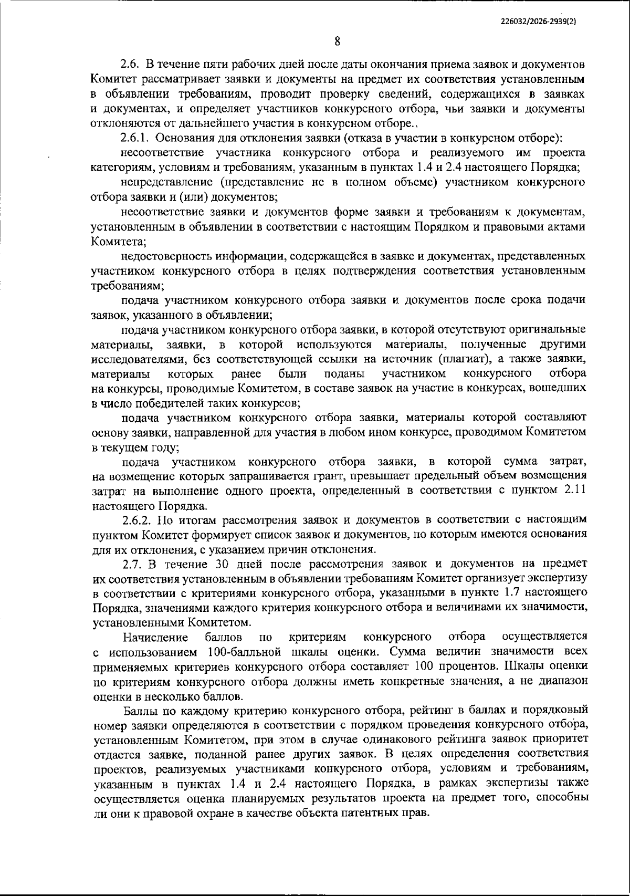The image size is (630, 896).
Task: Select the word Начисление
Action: pyautogui.click(x=155, y=638)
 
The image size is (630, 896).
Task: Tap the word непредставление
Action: pyautogui.click(x=165, y=182)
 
